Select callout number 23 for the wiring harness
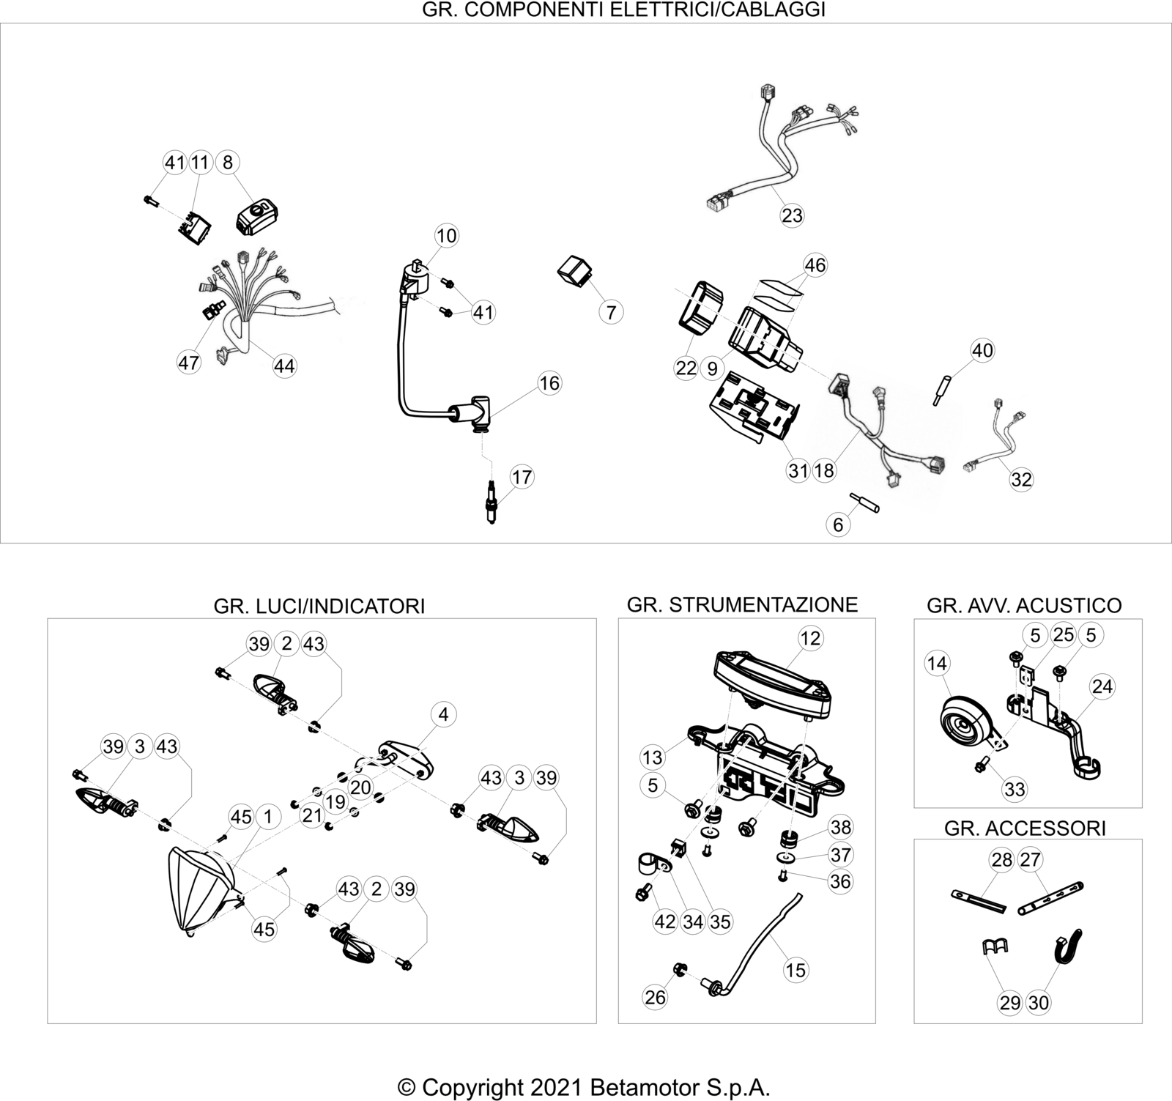793,215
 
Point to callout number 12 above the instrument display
811,638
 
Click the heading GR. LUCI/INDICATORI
319,606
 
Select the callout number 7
611,312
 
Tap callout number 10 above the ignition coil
446,236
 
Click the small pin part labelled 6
865,505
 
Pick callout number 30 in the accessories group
1039,1002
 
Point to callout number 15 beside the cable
795,971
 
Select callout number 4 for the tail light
443,714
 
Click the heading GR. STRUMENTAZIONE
742,604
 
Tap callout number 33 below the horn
1015,790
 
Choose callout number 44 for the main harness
284,366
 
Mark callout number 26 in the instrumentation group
655,997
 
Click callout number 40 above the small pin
982,350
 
